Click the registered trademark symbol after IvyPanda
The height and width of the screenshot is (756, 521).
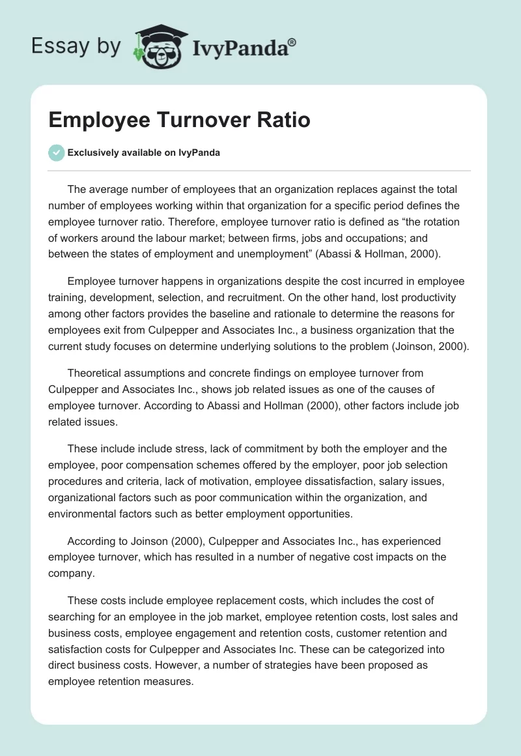(x=292, y=43)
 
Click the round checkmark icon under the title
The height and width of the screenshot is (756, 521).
(x=56, y=153)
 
